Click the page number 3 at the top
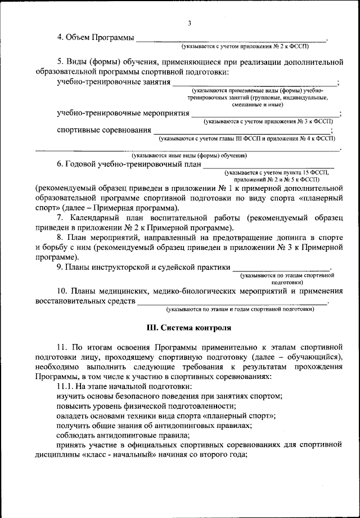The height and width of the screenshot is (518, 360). pos(190,23)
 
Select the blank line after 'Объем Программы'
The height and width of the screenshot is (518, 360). pos(231,41)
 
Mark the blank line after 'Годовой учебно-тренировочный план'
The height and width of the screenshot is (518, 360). pos(268,168)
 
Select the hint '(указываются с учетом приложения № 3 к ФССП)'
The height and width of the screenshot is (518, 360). pos(269,121)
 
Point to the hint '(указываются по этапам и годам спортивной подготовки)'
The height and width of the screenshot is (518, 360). pos(239,310)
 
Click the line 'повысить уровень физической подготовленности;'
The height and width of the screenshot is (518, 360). pos(146,406)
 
